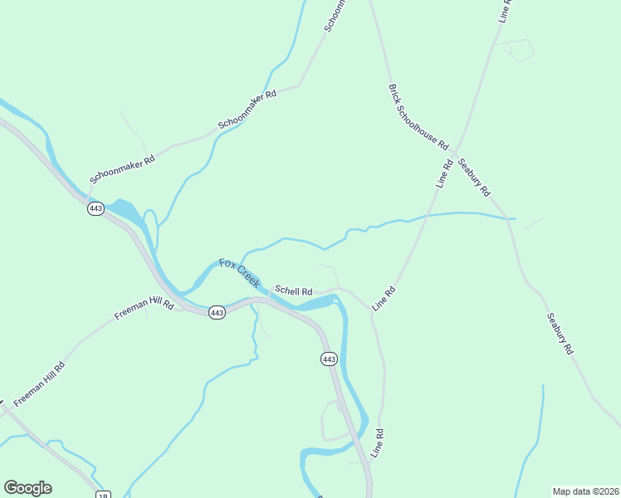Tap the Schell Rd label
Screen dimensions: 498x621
(x=293, y=291)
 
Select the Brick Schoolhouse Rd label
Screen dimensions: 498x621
(x=418, y=115)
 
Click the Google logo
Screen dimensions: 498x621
(x=27, y=488)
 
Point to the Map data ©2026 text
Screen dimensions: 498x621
(x=585, y=491)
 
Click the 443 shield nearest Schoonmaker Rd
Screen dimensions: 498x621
(x=95, y=208)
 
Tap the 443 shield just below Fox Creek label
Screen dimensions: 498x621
(x=217, y=312)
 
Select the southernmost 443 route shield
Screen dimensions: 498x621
(x=329, y=359)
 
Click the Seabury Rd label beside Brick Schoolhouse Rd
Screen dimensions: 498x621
(x=474, y=177)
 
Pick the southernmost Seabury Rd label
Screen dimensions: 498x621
(x=560, y=334)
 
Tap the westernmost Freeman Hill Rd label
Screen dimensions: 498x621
(x=39, y=383)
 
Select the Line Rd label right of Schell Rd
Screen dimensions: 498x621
(x=383, y=299)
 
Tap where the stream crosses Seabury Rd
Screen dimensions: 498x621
(x=506, y=218)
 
